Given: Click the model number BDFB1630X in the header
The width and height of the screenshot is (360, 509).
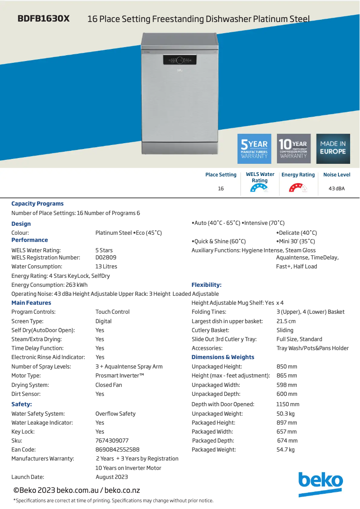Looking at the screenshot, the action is point(44,19).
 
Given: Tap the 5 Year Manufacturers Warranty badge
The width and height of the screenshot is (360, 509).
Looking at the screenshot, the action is point(254,149).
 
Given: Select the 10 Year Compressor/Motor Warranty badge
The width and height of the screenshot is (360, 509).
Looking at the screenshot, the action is point(294,149).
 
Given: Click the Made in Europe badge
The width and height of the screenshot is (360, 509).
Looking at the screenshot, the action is point(333,149).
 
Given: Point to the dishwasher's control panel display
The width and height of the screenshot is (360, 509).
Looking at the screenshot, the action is point(180,61).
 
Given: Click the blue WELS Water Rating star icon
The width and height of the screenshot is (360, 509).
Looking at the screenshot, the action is point(259,189).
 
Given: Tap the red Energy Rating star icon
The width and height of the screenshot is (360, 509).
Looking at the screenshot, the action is point(298,189).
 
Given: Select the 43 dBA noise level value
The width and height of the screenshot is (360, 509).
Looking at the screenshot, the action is point(337,189).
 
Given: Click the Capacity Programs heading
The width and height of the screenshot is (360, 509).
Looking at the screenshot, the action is point(37,204).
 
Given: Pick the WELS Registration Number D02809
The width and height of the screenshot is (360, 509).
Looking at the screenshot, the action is point(106,258).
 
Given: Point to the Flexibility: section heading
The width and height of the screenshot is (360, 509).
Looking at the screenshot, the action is point(206,285).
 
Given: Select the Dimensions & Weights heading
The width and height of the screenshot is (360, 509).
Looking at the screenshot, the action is point(223,357).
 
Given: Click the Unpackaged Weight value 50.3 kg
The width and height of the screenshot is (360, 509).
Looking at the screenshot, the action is point(285,414).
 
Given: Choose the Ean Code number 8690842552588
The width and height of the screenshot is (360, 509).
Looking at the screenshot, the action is point(117,450).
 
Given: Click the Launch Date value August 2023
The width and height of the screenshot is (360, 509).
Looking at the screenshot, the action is point(112,477).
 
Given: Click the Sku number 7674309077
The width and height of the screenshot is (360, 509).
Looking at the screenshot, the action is point(112,441).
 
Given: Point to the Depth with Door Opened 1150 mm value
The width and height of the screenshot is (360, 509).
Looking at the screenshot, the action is point(288,404).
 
